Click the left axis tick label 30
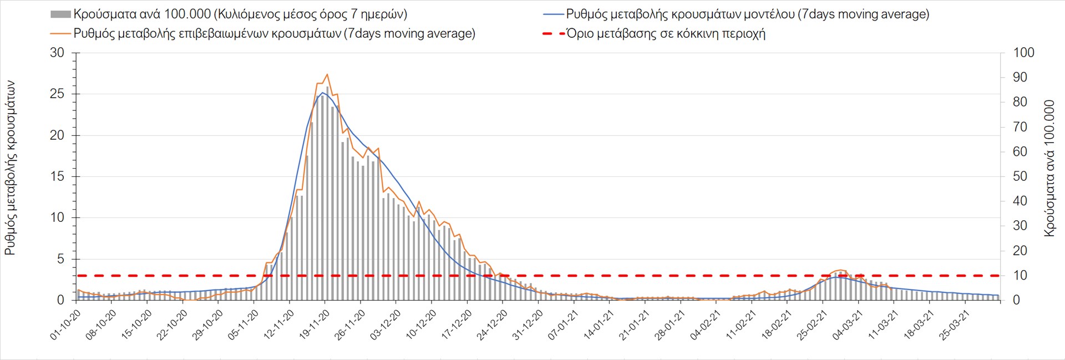click(57, 53)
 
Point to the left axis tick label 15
click(57, 176)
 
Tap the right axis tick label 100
click(1023, 53)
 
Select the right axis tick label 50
click(1020, 176)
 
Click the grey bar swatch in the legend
click(60, 14)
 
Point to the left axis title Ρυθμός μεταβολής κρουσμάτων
click(10, 168)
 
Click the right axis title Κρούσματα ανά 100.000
click(1049, 168)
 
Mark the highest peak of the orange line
click(327, 74)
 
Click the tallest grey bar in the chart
click(327, 87)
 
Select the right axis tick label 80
click(1020, 102)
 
